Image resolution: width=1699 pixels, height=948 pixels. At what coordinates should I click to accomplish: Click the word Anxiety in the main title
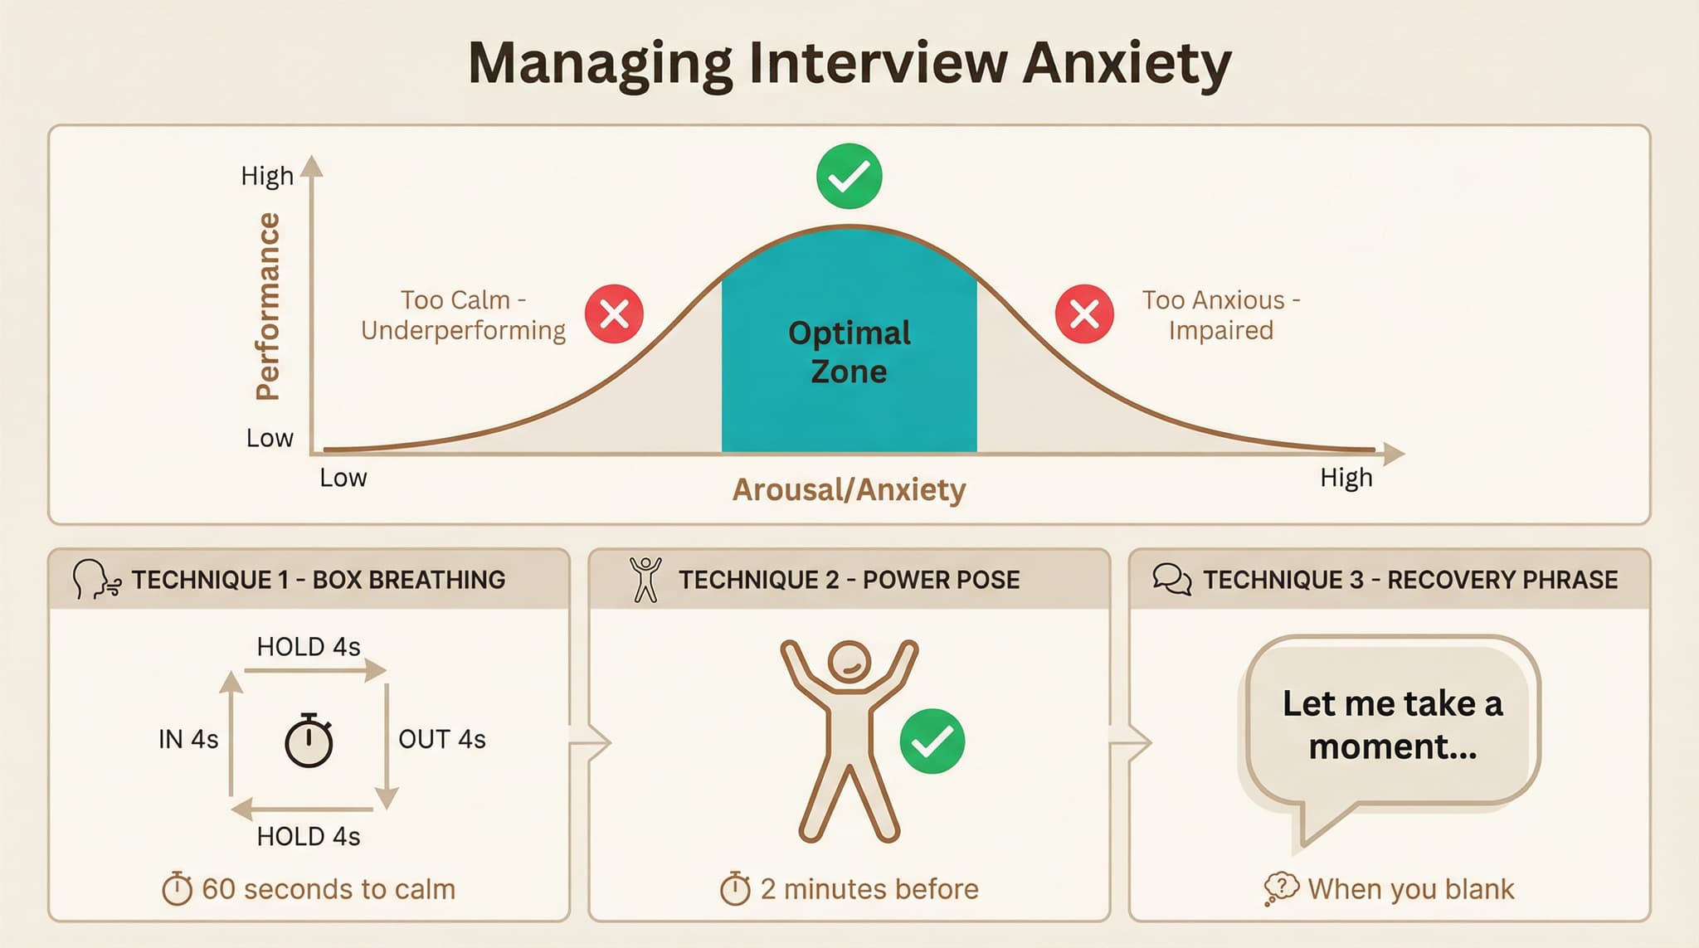click(x=1126, y=63)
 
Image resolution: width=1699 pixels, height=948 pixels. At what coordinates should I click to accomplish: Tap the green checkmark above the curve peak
click(x=849, y=176)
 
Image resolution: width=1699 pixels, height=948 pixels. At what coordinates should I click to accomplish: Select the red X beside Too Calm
click(x=614, y=314)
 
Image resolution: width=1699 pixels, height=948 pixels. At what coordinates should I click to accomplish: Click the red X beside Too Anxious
click(x=1084, y=314)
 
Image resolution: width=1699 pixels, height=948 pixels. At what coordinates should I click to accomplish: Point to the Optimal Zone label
click(x=849, y=352)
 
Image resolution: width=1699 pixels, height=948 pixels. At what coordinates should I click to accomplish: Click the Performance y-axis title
click(x=268, y=307)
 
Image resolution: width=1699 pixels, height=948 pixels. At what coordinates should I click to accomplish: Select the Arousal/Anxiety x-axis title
click(x=849, y=489)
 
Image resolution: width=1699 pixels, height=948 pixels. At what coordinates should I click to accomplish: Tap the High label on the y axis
click(x=267, y=176)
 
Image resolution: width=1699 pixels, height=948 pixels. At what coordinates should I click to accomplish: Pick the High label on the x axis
click(x=1346, y=478)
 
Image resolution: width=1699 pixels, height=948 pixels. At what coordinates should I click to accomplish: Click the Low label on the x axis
click(x=343, y=478)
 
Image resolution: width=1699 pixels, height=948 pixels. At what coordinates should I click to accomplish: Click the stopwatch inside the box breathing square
click(x=309, y=740)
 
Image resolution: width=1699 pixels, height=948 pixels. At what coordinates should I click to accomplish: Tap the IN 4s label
click(x=188, y=739)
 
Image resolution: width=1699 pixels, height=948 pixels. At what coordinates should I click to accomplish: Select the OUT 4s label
click(x=442, y=739)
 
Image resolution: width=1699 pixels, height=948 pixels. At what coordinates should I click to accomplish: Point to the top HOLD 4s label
click(x=309, y=647)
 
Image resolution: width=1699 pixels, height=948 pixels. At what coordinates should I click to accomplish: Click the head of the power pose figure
click(x=849, y=663)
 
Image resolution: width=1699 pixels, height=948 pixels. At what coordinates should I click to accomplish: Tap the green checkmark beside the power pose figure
click(x=932, y=741)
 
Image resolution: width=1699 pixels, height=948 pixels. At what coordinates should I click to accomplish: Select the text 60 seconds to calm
click(x=329, y=889)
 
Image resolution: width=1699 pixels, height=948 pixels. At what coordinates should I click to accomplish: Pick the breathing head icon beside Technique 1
click(x=95, y=579)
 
